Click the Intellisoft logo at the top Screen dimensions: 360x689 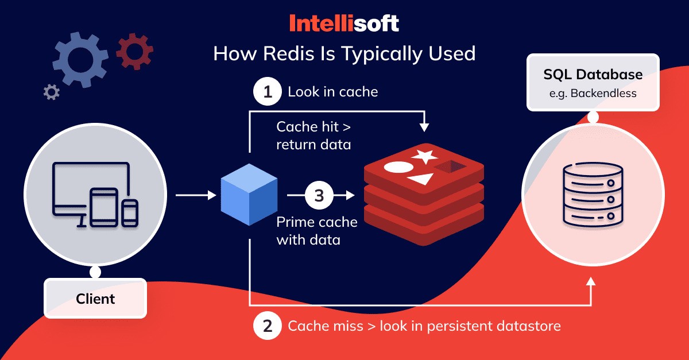(344, 24)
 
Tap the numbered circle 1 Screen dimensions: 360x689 (268, 92)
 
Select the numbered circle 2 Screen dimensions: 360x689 (268, 326)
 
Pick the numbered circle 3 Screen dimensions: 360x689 (319, 196)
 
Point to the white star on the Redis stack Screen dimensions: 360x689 (425, 156)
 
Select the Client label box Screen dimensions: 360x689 (95, 299)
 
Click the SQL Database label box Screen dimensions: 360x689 (593, 83)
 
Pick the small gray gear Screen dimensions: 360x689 (51, 92)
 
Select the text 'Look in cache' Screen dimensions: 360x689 (333, 92)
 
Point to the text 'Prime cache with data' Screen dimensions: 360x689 (317, 230)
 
